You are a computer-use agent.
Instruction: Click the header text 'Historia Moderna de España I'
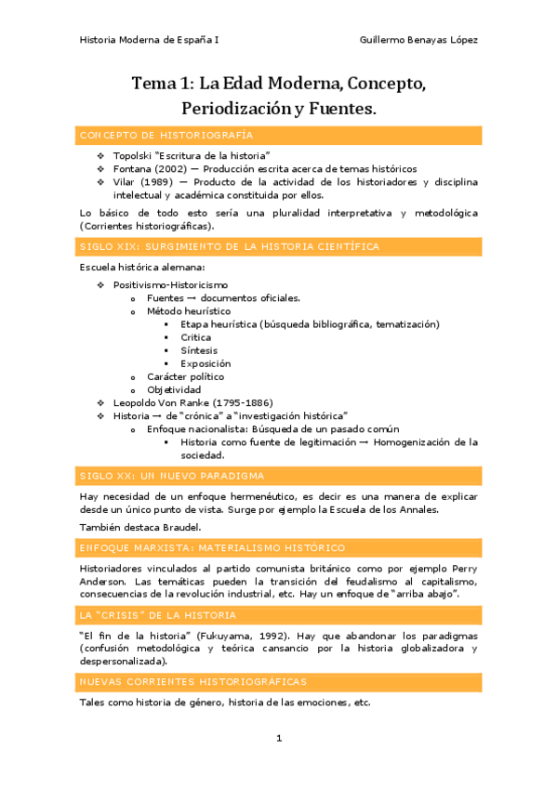(149, 40)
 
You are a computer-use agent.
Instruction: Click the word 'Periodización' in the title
(236, 109)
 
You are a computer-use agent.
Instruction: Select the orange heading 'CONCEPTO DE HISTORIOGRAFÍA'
(166, 136)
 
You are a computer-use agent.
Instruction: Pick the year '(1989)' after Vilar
(157, 182)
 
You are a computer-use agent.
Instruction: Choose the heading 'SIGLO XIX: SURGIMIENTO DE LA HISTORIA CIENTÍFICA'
(230, 246)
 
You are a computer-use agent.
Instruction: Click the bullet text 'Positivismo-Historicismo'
(170, 284)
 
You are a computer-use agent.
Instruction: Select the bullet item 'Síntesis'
(199, 350)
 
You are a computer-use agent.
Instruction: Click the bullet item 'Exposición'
(206, 363)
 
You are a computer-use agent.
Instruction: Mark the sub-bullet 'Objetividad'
(174, 389)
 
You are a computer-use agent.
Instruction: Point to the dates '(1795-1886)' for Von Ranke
(241, 402)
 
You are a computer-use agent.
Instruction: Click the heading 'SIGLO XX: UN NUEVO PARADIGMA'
(172, 476)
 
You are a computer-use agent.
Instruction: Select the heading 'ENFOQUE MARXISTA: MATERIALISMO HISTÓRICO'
(212, 548)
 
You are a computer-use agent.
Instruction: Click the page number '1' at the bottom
(278, 738)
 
